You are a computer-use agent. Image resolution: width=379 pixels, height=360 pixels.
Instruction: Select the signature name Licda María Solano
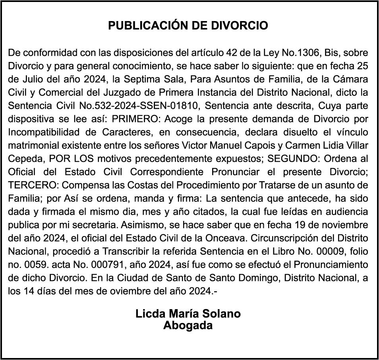click(188, 314)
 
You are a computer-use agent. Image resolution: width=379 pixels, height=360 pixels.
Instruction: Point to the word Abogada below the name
click(188, 325)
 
